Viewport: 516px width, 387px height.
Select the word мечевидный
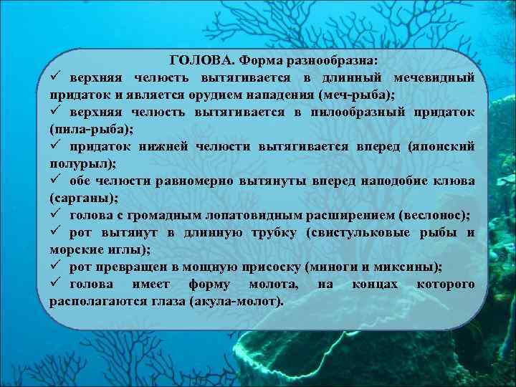point(433,77)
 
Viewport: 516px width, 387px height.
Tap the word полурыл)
point(75,163)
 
